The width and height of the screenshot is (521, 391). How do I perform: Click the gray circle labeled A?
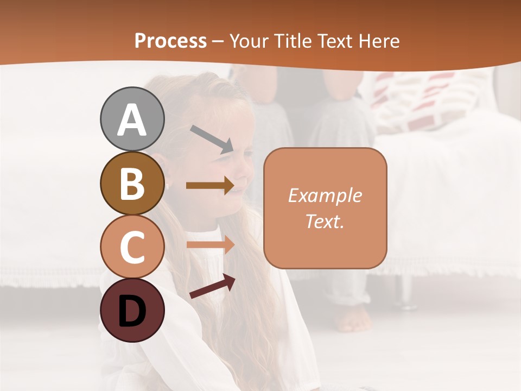(x=132, y=119)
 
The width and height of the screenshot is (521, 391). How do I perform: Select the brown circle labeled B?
(x=132, y=183)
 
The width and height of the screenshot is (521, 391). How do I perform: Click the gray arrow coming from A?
(x=211, y=138)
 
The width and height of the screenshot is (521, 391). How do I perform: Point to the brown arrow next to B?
(x=209, y=186)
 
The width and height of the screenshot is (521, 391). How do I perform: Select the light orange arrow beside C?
(x=209, y=245)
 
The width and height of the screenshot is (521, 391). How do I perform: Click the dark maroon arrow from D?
(x=212, y=286)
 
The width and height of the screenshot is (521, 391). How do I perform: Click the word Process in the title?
(x=170, y=41)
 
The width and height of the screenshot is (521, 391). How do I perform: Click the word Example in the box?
(x=325, y=195)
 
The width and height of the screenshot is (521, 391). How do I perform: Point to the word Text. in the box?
(x=325, y=221)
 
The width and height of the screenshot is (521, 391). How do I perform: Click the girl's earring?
(x=168, y=186)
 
